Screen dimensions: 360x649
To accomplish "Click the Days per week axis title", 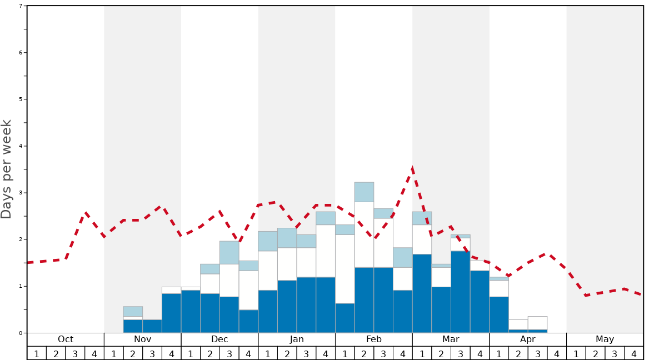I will point(7,169).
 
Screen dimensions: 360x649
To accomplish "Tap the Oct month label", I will point(66,339).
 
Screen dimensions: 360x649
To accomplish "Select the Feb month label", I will point(374,339).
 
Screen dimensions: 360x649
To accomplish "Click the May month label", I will point(605,339).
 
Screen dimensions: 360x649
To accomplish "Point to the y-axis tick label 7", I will point(21,6).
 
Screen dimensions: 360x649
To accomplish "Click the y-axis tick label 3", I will point(21,193).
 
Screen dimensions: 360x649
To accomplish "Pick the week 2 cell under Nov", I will point(133,353).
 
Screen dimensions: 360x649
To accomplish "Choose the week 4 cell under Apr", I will point(557,353).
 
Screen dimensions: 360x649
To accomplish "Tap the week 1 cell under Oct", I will point(37,353).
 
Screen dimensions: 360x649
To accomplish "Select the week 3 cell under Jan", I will point(306,353).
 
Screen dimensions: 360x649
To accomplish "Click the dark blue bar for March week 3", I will point(461,292).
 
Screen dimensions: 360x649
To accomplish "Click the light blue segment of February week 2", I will point(364,192).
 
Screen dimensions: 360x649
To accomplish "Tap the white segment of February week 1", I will point(345,269).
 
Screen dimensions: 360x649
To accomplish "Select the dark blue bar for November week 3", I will point(152,326).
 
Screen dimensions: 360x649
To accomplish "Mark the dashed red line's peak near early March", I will point(412,168).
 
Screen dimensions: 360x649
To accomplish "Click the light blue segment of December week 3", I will point(229,252).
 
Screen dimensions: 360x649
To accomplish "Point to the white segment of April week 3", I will point(537,323).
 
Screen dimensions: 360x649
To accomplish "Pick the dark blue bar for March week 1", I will point(422,293).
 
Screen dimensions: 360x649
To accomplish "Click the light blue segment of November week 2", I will point(133,311).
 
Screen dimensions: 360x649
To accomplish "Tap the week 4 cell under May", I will point(634,353).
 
